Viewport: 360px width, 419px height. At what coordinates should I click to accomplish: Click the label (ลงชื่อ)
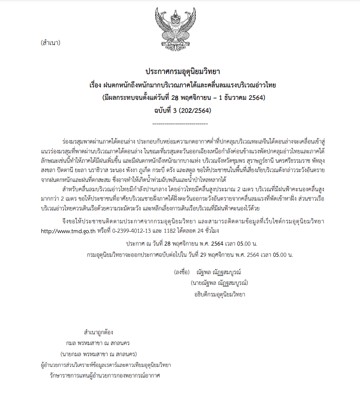pos(182,271)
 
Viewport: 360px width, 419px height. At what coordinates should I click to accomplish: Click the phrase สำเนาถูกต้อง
pos(98,332)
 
